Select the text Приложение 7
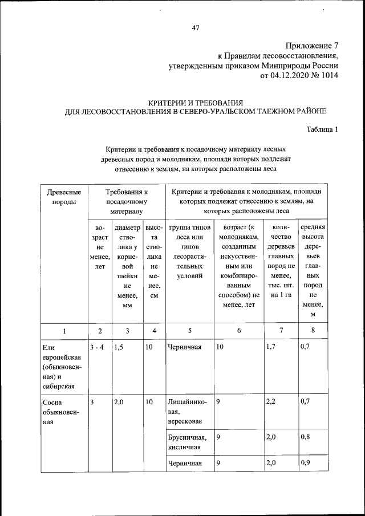311,46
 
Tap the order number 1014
329,75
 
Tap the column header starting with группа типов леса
189,250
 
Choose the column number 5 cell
189,331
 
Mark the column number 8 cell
313,331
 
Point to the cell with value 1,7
273,346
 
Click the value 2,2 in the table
273,402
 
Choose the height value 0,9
307,463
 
